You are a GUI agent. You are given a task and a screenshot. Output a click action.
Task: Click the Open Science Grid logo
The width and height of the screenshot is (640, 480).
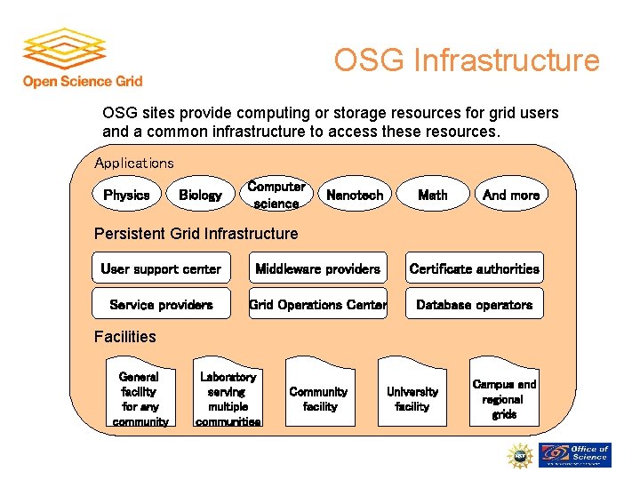(x=82, y=58)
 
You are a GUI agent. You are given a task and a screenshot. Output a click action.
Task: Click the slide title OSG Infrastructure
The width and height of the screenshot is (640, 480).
(x=467, y=60)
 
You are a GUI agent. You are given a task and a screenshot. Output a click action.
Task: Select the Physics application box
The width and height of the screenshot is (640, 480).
(x=126, y=195)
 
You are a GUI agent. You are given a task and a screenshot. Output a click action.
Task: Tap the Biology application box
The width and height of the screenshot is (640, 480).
(x=200, y=195)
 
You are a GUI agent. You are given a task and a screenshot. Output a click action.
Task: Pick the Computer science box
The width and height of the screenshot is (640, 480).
(x=276, y=195)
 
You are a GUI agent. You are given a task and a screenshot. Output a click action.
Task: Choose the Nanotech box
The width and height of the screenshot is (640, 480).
(x=355, y=195)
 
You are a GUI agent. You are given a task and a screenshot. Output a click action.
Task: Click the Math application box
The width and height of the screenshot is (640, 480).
(x=433, y=195)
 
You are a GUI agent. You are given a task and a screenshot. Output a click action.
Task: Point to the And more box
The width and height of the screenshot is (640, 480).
(x=511, y=195)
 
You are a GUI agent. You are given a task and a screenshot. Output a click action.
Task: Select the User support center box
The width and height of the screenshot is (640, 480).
(x=161, y=268)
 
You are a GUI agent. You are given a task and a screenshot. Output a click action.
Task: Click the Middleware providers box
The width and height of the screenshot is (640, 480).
(x=317, y=268)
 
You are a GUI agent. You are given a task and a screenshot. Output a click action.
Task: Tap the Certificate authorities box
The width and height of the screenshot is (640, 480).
(x=474, y=268)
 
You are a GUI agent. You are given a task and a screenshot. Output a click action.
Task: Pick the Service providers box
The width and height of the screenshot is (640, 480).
(x=161, y=304)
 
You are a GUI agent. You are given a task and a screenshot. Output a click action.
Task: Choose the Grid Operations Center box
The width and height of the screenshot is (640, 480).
(x=317, y=304)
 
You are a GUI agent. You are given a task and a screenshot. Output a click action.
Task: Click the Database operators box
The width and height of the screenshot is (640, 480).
(x=474, y=304)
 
